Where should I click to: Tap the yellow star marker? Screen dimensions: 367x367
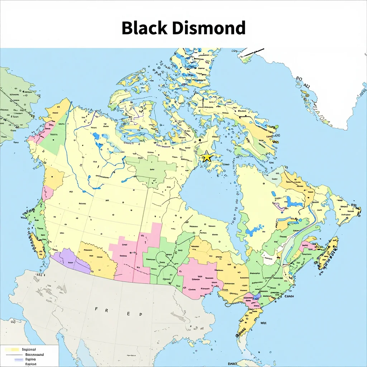(207, 157)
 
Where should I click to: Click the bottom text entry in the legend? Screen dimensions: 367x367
(30, 364)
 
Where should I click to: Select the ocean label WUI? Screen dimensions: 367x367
(263, 323)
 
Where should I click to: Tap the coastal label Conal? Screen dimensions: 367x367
(289, 296)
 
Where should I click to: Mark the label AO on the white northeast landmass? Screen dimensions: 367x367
(306, 86)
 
